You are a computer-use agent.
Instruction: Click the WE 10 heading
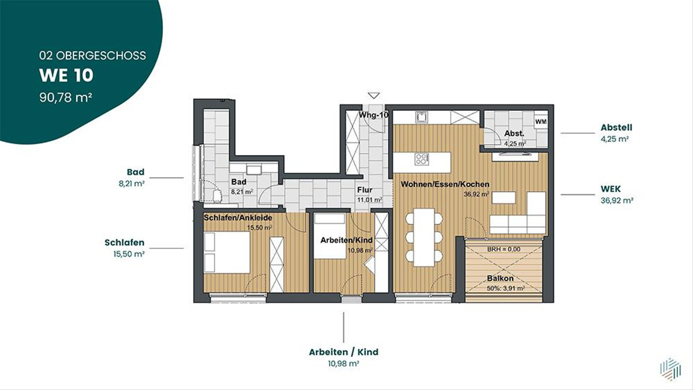(66, 76)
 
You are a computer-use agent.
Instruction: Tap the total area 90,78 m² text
(66, 97)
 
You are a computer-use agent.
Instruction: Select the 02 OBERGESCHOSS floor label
(92, 55)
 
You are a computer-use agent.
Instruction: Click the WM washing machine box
(541, 122)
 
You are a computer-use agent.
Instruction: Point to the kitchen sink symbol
(422, 117)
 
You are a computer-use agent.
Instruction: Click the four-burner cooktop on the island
(422, 159)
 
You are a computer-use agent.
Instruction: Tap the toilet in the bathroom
(217, 196)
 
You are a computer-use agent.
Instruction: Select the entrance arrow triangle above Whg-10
(374, 96)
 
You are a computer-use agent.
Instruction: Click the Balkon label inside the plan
(500, 278)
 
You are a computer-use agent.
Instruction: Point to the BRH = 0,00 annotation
(504, 249)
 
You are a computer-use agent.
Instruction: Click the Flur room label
(365, 190)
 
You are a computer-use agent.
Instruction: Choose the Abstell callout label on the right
(616, 127)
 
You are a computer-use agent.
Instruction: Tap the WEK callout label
(611, 189)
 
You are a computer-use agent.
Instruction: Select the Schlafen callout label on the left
(124, 242)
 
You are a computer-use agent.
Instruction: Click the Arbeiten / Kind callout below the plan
(344, 352)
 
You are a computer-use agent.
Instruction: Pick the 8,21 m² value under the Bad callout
(132, 183)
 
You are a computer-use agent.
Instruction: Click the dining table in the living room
(424, 237)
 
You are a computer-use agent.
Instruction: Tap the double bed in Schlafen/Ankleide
(227, 252)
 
